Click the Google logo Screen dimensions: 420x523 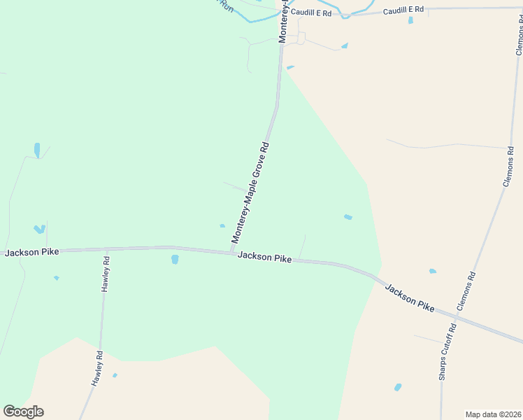[x=23, y=412]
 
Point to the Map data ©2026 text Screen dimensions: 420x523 [x=492, y=414]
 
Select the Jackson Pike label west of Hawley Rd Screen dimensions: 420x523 [x=31, y=252]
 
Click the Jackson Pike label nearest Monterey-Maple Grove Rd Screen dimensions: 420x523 [x=264, y=257]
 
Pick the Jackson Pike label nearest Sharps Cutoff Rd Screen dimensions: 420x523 [x=409, y=297]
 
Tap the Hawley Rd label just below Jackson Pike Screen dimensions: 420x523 [x=106, y=274]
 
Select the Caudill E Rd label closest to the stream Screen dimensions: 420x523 [x=311, y=13]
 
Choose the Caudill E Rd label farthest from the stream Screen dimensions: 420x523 [x=403, y=10]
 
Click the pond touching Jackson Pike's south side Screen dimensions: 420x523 [x=175, y=259]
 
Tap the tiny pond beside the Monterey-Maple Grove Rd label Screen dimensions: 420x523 [x=222, y=225]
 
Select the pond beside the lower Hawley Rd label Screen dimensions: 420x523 [x=115, y=375]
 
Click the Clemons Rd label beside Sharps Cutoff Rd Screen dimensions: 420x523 [x=466, y=291]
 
